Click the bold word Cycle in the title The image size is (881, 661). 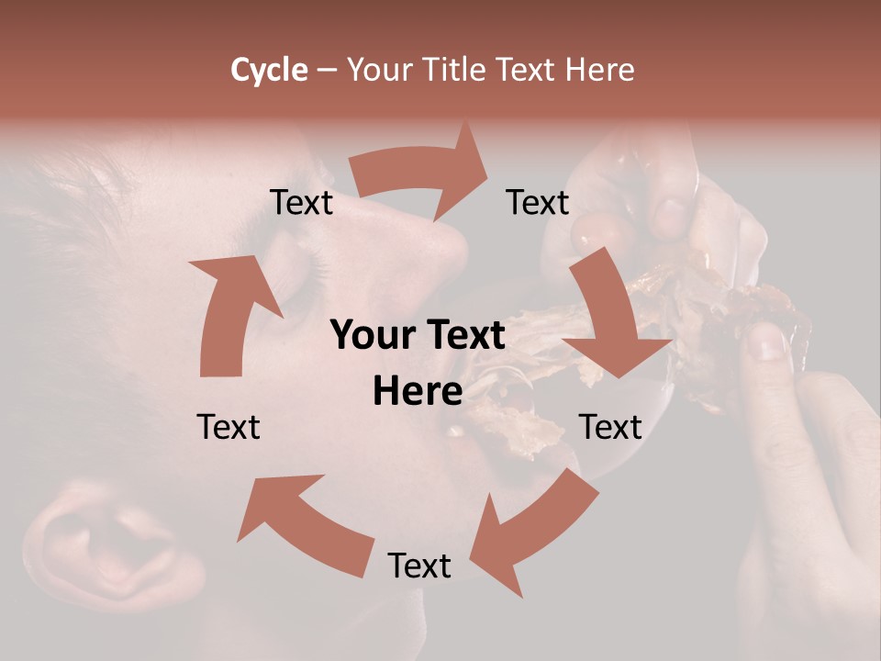pos(269,70)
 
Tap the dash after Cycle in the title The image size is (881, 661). pos(326,70)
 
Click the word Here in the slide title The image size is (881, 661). pos(599,70)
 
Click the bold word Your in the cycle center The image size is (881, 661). pos(370,336)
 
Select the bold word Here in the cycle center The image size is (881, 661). pos(418,392)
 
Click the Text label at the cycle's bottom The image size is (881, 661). pos(419,566)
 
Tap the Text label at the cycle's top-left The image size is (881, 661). pos(301,203)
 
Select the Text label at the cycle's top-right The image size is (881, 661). pos(538,203)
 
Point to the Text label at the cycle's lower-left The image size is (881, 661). pos(229,427)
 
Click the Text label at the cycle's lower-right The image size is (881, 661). pos(610,427)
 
